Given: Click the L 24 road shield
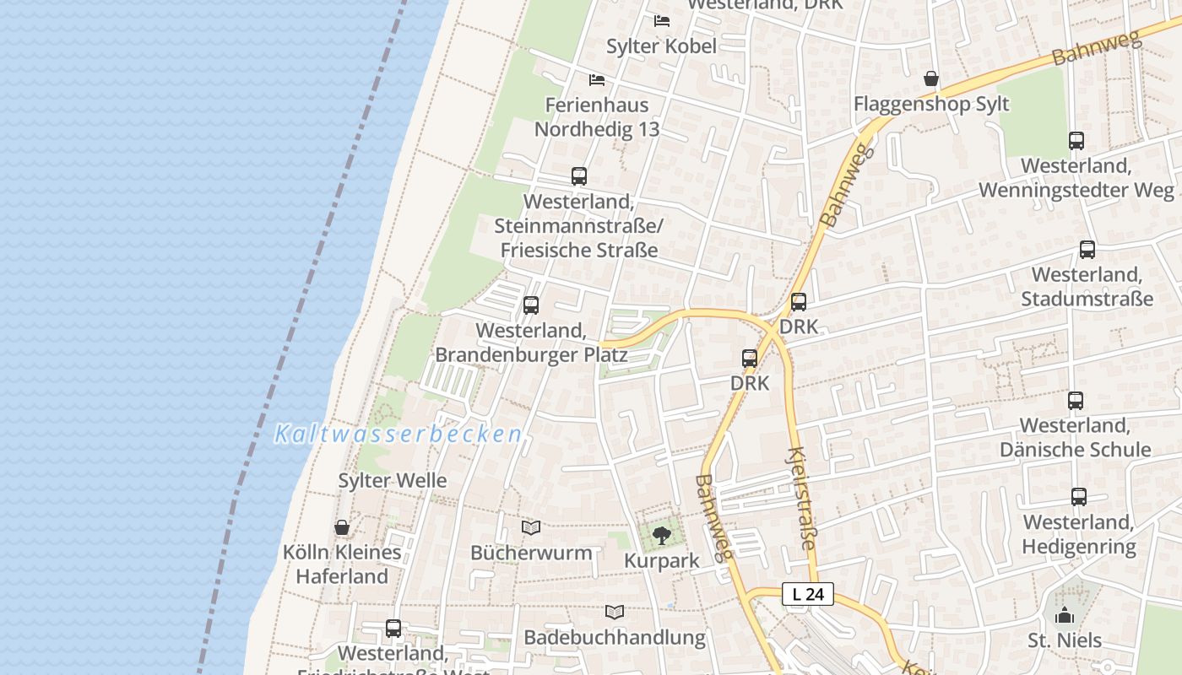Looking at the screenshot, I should [808, 594].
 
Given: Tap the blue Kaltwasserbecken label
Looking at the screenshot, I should [398, 435].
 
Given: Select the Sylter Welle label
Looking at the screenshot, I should [393, 481].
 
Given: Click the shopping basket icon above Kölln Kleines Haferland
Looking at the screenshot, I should [342, 527].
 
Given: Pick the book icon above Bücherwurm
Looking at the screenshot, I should [530, 528].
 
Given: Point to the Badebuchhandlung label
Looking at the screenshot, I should [615, 637].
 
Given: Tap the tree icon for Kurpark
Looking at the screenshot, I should [662, 535].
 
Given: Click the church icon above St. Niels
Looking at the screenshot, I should [1065, 615].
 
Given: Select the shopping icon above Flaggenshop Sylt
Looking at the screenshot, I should [930, 78].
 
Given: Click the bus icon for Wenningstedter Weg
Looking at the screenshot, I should [1076, 141].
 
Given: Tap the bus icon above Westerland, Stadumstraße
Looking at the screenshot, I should [1087, 250].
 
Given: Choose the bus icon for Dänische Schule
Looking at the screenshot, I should [1075, 401].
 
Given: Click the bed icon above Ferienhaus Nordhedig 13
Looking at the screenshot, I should [597, 80].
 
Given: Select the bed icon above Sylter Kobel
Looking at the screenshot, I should [662, 20].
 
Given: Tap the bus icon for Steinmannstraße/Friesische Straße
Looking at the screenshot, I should [578, 176].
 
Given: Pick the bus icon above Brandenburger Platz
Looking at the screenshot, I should [530, 305].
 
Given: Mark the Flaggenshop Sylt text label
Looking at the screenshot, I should [931, 105].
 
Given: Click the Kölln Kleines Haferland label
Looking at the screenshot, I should [342, 564].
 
